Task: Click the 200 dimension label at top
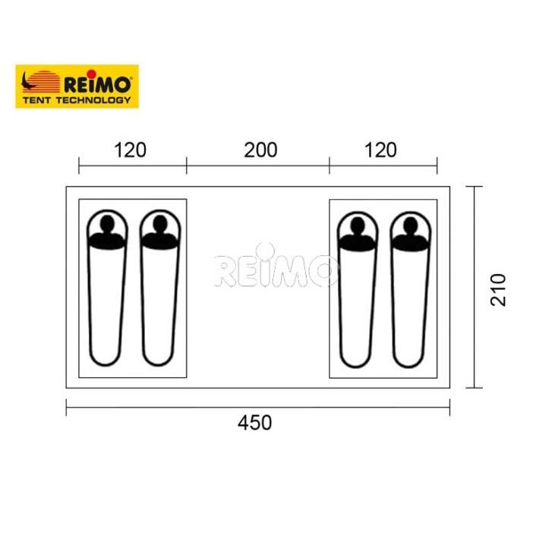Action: tap(260, 150)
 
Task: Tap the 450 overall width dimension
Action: tap(255, 423)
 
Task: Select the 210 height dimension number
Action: tap(498, 289)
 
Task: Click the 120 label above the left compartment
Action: tap(131, 150)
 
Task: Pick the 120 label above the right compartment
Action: tap(380, 150)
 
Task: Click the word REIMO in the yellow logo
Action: tap(98, 84)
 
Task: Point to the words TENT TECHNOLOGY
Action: tap(77, 100)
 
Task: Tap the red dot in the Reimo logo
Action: tap(92, 74)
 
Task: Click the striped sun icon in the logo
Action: tap(42, 81)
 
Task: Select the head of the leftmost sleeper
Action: tap(107, 222)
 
